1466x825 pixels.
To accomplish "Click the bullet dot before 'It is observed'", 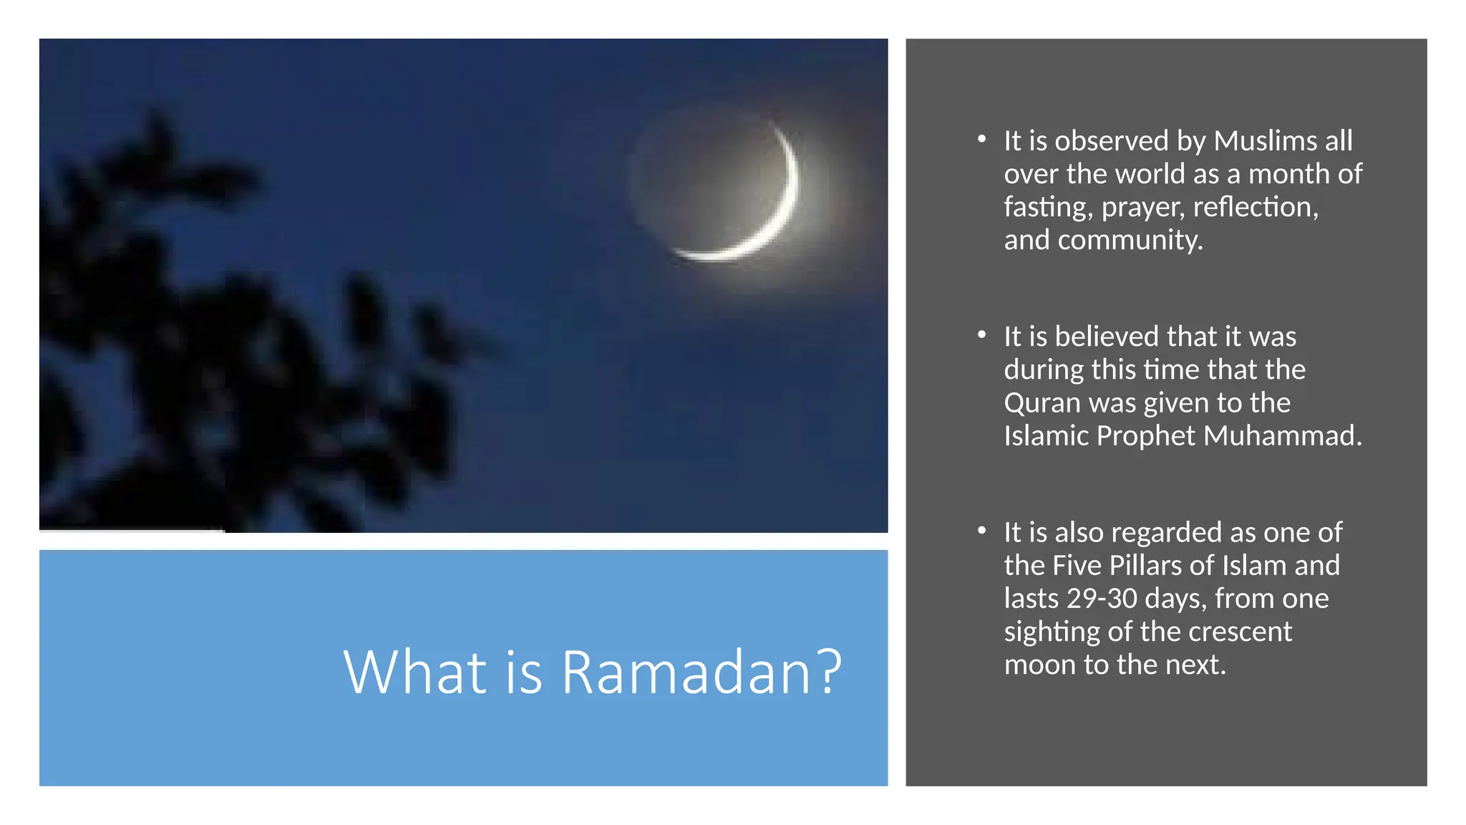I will [982, 139].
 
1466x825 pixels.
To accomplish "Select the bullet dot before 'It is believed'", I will [982, 334].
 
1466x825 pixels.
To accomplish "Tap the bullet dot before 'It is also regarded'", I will [982, 531].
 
